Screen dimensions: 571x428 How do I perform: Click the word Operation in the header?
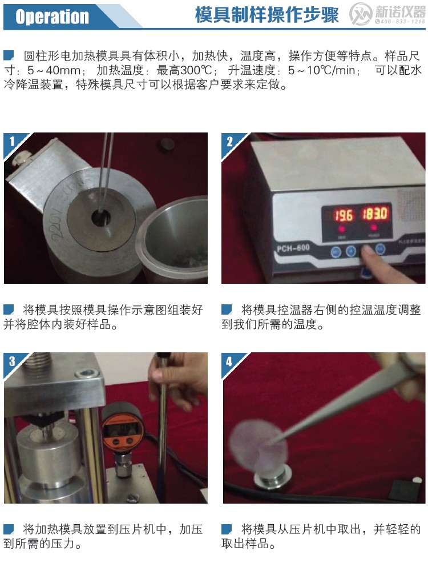tap(52, 17)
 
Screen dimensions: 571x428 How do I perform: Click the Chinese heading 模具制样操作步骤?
tap(267, 15)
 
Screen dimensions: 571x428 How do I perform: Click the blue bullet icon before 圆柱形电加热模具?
tap(9, 55)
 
